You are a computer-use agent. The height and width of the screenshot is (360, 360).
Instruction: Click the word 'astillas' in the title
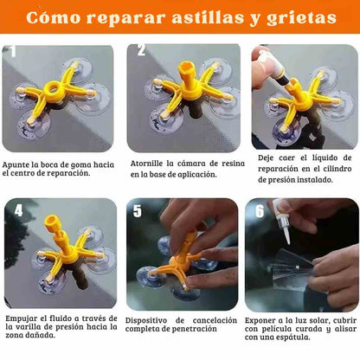[208, 18]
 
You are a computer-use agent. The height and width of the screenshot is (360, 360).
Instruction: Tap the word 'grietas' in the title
[301, 19]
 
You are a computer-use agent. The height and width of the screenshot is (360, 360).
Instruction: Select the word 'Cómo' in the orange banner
[54, 17]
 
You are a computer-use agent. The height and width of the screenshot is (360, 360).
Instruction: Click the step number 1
[13, 51]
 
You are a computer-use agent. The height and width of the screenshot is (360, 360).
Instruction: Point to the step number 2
[141, 49]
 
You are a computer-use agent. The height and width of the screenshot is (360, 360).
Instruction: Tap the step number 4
[18, 210]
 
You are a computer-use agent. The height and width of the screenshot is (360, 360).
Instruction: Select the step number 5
[138, 211]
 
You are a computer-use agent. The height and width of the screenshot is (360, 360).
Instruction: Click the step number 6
[260, 211]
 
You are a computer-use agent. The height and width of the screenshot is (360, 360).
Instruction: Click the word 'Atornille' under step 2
[146, 164]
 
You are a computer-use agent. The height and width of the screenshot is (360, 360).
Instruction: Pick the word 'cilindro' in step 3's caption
[337, 169]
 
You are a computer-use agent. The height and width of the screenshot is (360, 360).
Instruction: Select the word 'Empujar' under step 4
[22, 319]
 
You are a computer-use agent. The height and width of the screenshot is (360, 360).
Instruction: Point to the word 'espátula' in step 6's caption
[294, 337]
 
